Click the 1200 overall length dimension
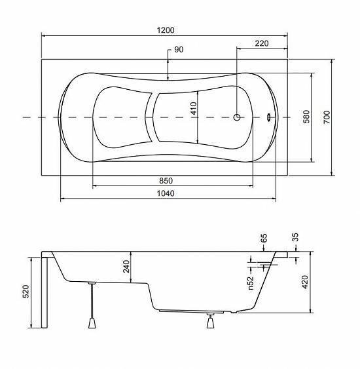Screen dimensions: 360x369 [166, 30]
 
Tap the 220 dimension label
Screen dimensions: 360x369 [262, 43]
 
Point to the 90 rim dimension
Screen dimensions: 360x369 [179, 49]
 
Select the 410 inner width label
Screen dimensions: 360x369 [194, 108]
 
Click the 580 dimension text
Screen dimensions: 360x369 [306, 117]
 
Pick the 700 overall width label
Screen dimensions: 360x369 [327, 117]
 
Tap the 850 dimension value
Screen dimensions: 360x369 [166, 181]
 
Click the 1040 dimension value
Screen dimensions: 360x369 [166, 193]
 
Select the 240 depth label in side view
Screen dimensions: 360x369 [126, 266]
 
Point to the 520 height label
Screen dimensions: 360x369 [26, 292]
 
